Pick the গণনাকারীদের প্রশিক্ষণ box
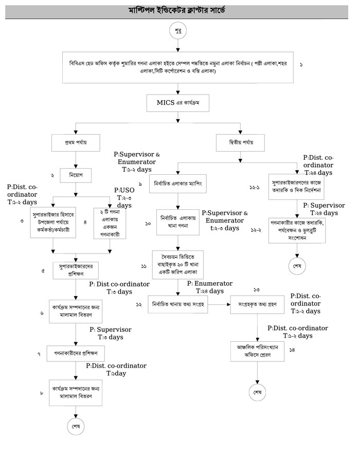(x=76, y=354)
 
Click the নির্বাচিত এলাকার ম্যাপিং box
(x=178, y=183)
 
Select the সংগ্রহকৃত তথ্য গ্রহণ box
(x=258, y=304)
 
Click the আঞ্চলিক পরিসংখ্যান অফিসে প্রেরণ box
(x=257, y=350)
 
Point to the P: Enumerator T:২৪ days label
(x=205, y=287)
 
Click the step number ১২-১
(x=253, y=188)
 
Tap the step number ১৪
(x=292, y=350)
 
